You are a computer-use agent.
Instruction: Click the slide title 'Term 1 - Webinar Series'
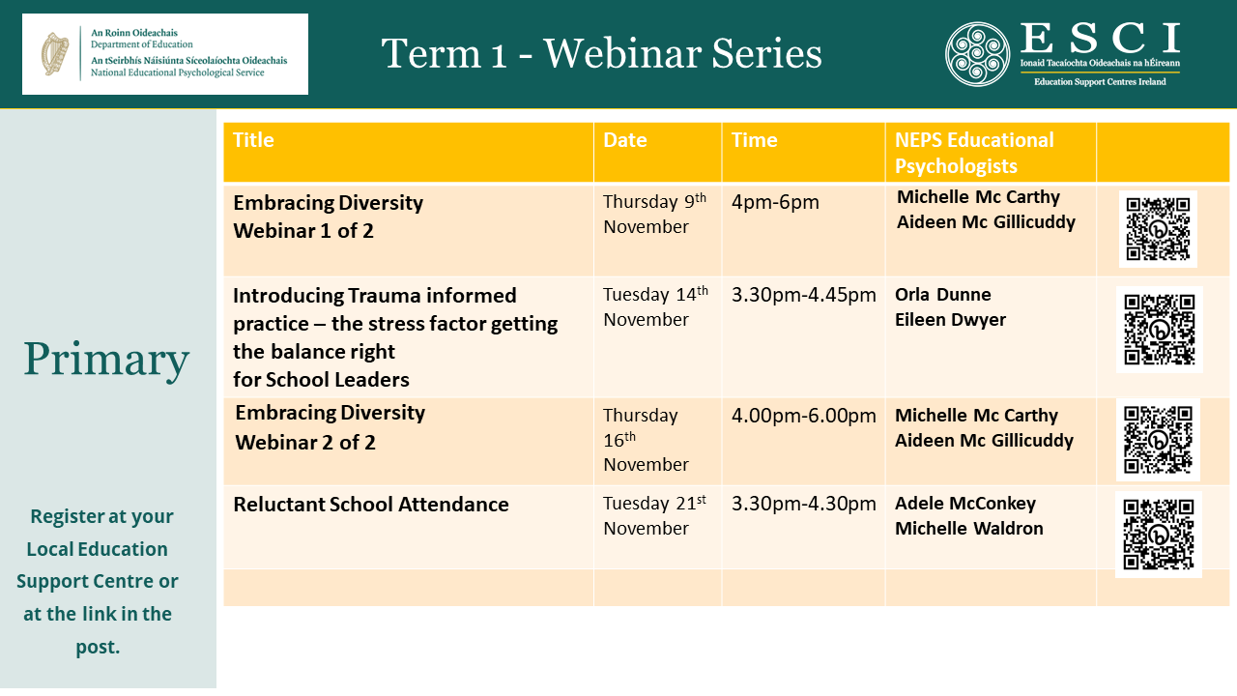601,53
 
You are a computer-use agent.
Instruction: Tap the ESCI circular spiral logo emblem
977,54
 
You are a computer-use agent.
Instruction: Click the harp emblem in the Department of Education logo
54,53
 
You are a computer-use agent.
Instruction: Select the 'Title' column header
253,140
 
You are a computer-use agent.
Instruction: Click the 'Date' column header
624,140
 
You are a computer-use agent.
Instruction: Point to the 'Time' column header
754,140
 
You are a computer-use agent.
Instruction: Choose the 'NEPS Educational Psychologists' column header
974,153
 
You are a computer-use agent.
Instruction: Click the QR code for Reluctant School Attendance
1158,535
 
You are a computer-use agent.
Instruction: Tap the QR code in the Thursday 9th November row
1158,229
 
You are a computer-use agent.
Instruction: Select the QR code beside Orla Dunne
1159,330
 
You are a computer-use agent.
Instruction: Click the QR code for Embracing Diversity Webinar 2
1158,440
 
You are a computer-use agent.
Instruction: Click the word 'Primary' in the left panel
106,360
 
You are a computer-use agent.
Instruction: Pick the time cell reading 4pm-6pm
775,202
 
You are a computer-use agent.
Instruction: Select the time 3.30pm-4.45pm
803,295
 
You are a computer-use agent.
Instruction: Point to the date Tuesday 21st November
654,515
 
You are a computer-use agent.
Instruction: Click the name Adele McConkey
964,504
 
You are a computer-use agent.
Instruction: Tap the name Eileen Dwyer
950,320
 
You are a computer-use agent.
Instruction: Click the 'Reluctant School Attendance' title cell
371,505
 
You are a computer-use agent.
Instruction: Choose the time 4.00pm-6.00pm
803,416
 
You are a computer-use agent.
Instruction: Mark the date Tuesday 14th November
654,306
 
